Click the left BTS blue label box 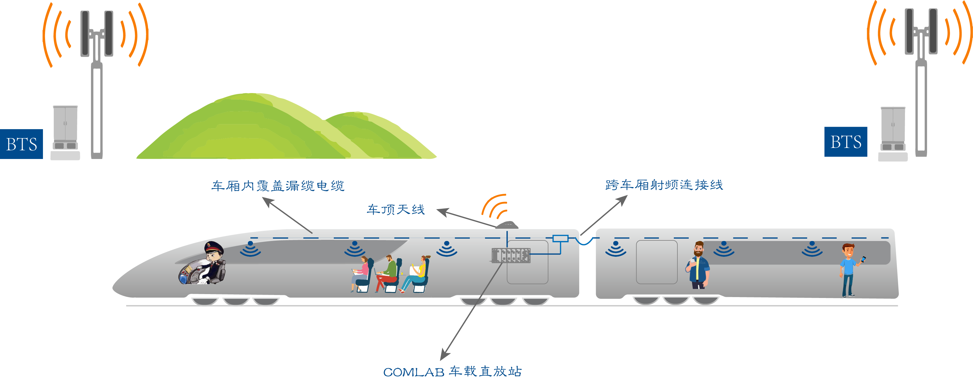click(21, 144)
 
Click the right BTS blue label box click(845, 142)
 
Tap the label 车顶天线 click(396, 209)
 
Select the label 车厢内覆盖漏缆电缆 click(278, 186)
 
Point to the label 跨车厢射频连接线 click(664, 185)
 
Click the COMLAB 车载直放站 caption click(452, 371)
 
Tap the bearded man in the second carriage click(698, 265)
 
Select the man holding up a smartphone click(849, 269)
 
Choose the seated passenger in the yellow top click(417, 274)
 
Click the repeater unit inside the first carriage click(511, 255)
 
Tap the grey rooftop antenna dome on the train click(507, 225)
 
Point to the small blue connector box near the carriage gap click(560, 238)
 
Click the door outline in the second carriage click(657, 262)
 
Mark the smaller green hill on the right click(378, 136)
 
